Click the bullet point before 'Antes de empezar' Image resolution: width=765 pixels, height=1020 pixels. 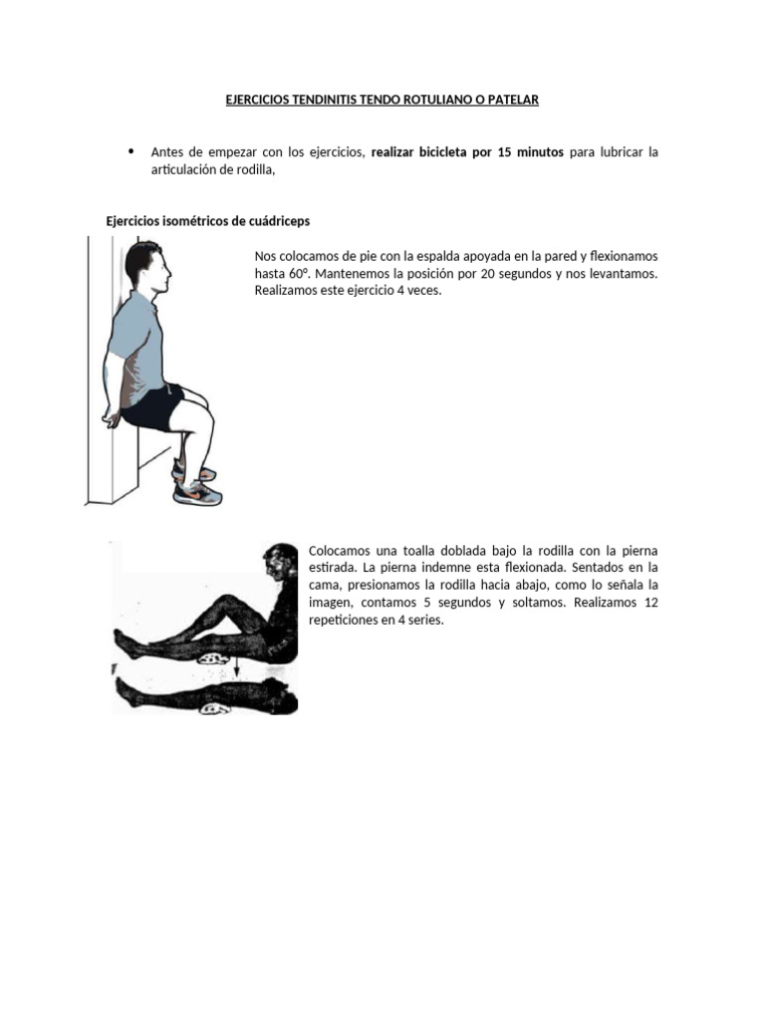click(x=130, y=151)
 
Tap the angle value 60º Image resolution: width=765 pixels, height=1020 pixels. click(x=301, y=273)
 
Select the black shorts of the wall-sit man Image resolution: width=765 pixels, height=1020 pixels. click(x=157, y=405)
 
